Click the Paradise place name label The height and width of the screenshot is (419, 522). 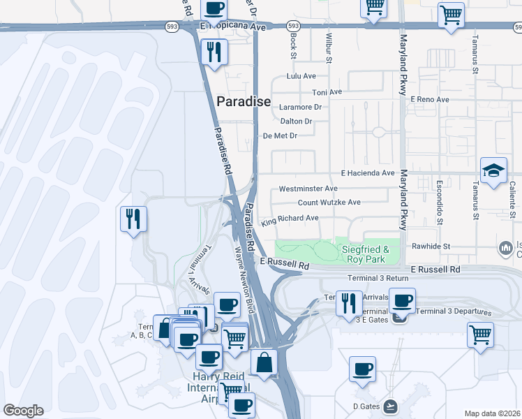(x=244, y=101)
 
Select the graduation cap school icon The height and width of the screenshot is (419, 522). (x=493, y=171)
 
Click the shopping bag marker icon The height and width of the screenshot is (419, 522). (x=264, y=362)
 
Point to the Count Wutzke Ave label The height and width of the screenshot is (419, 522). (x=329, y=203)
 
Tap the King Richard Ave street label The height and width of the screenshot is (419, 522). (x=290, y=221)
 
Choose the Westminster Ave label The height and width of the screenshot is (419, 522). (x=308, y=189)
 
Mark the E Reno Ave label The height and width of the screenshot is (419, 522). (x=430, y=100)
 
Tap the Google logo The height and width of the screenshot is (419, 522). (x=23, y=411)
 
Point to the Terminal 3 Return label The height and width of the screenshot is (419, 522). (x=377, y=278)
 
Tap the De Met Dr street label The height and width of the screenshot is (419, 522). (x=279, y=135)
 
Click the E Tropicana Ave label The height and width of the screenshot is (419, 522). (x=233, y=27)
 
